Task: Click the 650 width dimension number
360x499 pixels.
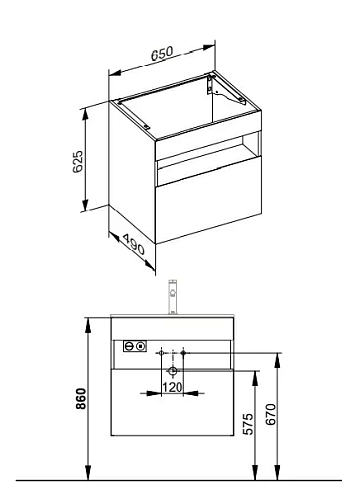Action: click(x=162, y=54)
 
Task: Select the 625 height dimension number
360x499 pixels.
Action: click(x=78, y=161)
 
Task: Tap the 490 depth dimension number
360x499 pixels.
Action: click(x=134, y=244)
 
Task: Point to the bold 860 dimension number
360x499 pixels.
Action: click(x=81, y=398)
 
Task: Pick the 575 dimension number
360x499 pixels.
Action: click(x=248, y=424)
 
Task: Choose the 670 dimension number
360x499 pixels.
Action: click(x=271, y=414)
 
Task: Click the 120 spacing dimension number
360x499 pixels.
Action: click(x=173, y=387)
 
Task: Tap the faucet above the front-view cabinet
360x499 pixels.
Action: click(x=173, y=297)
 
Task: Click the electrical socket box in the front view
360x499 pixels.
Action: click(x=135, y=346)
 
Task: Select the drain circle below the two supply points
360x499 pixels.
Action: click(x=173, y=370)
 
